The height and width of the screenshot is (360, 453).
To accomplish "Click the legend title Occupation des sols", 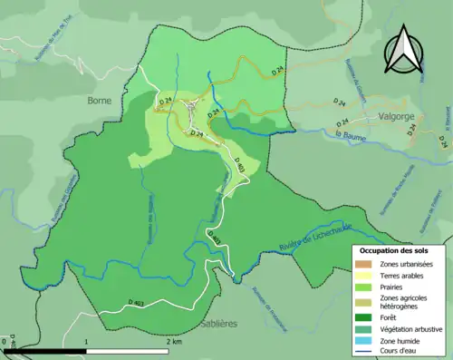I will pyautogui.click(x=394, y=249).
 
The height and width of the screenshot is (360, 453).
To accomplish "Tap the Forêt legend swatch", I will pyautogui.click(x=364, y=318).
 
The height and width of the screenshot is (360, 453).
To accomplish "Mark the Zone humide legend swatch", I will pyautogui.click(x=364, y=342).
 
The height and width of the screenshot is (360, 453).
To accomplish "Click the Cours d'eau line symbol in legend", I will pyautogui.click(x=364, y=353).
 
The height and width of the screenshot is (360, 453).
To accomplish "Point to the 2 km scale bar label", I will pyautogui.click(x=173, y=343).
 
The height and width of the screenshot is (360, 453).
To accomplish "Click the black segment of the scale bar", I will pyautogui.click(x=45, y=351).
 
